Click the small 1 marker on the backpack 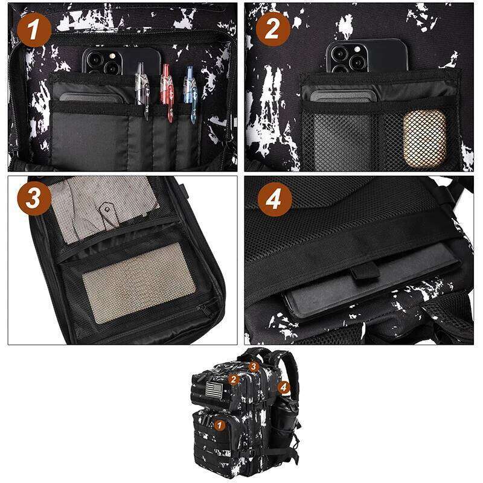(x=220, y=426)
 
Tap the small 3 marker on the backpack (x=254, y=366)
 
